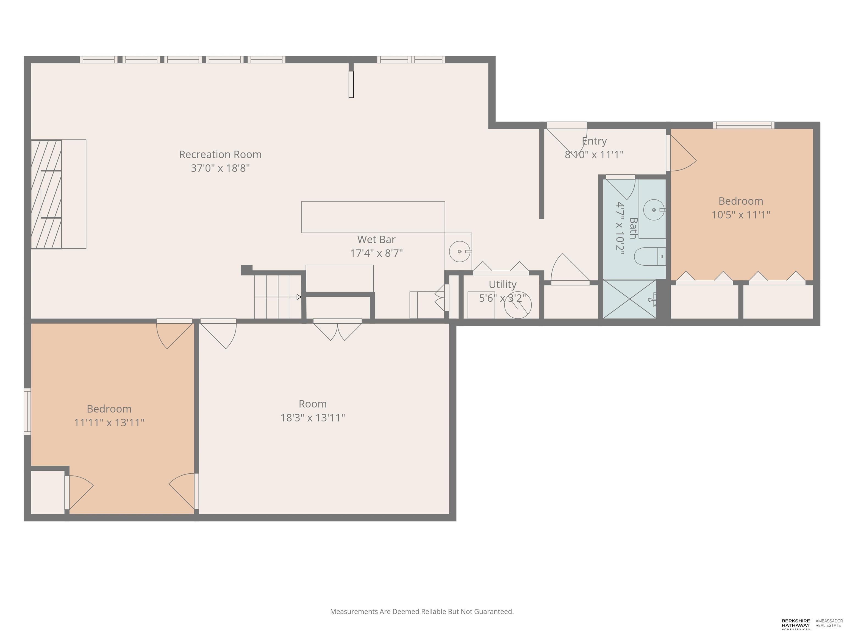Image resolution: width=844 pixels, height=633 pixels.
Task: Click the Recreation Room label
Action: [x=220, y=154]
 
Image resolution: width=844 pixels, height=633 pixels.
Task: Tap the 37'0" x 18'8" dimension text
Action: [x=220, y=168]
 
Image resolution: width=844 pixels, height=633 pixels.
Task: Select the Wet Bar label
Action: [x=376, y=240]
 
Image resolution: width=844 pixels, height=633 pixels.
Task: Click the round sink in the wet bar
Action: [x=459, y=251]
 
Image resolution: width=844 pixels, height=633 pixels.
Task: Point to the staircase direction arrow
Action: [x=278, y=297]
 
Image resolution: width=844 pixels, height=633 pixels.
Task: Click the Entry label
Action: [x=594, y=141]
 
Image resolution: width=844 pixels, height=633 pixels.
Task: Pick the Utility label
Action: [x=502, y=285]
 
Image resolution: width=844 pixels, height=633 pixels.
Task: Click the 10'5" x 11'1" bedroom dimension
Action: [x=741, y=215]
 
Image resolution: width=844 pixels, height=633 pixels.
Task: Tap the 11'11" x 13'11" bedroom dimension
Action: [x=109, y=423]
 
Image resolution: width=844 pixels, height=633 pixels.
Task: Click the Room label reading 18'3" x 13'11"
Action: [x=312, y=404]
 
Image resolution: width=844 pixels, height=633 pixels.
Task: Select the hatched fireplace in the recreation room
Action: [x=46, y=194]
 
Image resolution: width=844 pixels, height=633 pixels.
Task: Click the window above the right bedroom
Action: [x=744, y=125]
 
